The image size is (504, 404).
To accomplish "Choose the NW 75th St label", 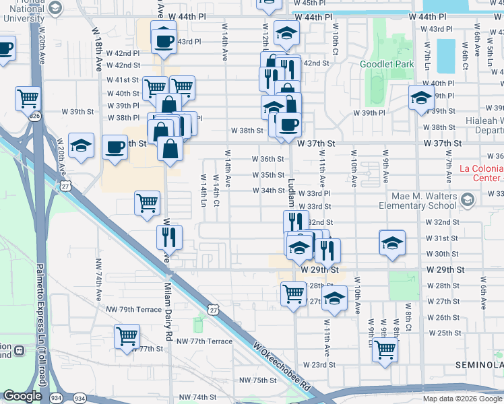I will (257, 380).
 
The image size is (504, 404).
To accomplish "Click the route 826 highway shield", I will (34, 116).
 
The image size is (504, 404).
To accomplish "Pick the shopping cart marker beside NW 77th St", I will (127, 336).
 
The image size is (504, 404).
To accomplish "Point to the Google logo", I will (22, 397).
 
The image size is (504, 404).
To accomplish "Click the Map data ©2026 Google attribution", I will (462, 399).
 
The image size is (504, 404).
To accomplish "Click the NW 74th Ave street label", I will (98, 278).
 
